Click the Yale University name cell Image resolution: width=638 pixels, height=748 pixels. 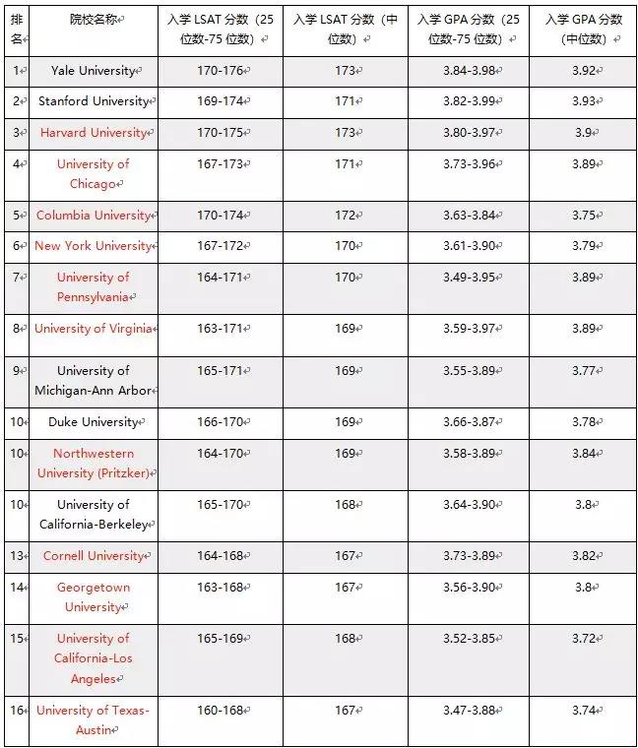(x=94, y=71)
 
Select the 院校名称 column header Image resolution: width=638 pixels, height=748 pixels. (x=94, y=20)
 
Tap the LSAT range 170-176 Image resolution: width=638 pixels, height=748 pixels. (x=219, y=71)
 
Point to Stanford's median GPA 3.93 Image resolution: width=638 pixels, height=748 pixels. (x=583, y=101)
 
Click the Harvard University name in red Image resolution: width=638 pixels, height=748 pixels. (x=93, y=133)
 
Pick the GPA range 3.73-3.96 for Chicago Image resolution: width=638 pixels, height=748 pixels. (x=468, y=164)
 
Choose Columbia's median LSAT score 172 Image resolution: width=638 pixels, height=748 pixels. (x=344, y=215)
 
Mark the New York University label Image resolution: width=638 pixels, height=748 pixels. (x=93, y=246)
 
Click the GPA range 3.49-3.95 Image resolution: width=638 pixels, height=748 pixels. (x=468, y=278)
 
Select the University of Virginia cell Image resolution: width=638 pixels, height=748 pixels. (x=93, y=329)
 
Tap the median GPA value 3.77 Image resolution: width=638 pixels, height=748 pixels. (x=583, y=371)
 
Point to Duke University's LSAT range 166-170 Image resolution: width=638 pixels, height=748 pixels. (x=219, y=422)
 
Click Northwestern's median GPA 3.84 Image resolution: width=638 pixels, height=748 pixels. (x=583, y=454)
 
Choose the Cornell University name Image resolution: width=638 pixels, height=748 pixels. (x=93, y=556)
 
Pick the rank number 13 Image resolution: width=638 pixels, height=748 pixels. (x=16, y=556)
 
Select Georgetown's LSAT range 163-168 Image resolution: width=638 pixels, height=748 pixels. (x=219, y=588)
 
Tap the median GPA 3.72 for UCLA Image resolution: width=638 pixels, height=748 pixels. (x=583, y=639)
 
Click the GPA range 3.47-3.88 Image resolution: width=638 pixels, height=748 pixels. (x=468, y=711)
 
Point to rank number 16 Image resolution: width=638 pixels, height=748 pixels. (x=16, y=711)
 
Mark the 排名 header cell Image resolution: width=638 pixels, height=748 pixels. (x=16, y=29)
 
